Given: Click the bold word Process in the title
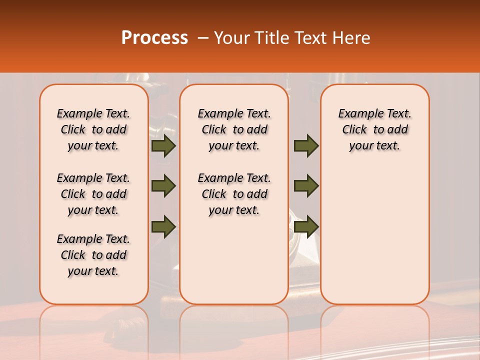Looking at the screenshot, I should (154, 38).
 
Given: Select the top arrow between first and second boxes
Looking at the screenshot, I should (163, 146).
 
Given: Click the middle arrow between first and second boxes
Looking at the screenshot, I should (163, 186).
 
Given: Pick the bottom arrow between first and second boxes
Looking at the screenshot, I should (163, 226).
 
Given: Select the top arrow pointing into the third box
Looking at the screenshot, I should (306, 146).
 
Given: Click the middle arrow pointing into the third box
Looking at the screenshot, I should (306, 186).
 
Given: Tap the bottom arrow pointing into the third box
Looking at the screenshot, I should (306, 226).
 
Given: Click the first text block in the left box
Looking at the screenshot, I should (93, 129).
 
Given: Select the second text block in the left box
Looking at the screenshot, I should (93, 194).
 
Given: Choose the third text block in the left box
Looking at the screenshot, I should (93, 255).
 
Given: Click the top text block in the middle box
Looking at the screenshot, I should (234, 129).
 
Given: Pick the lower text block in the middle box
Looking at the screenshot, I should (234, 194).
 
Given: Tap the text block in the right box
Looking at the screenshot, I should (374, 129).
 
